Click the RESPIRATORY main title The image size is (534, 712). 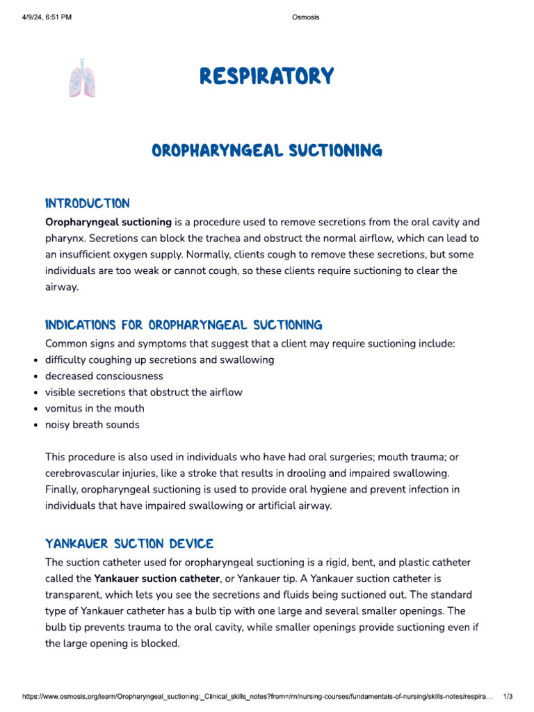267,76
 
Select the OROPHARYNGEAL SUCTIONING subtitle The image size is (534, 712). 267,150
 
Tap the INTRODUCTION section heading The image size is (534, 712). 87,204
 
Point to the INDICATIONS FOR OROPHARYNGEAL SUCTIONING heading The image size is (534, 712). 184,325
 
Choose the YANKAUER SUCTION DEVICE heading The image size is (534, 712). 129,543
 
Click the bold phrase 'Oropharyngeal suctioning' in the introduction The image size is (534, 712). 108,222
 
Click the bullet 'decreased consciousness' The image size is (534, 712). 104,376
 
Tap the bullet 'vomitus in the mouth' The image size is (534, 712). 95,408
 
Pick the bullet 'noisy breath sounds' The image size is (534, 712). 92,425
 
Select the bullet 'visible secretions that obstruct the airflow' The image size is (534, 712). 144,392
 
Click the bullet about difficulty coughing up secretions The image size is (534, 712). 160,360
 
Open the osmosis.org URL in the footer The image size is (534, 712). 257,696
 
